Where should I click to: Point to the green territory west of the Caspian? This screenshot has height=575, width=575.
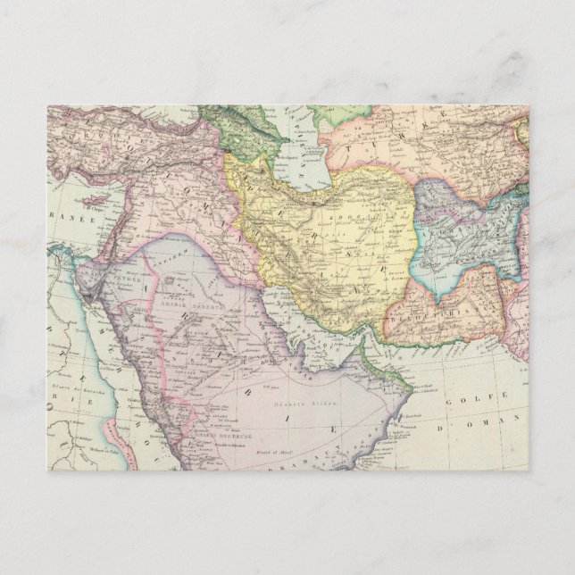241,134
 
